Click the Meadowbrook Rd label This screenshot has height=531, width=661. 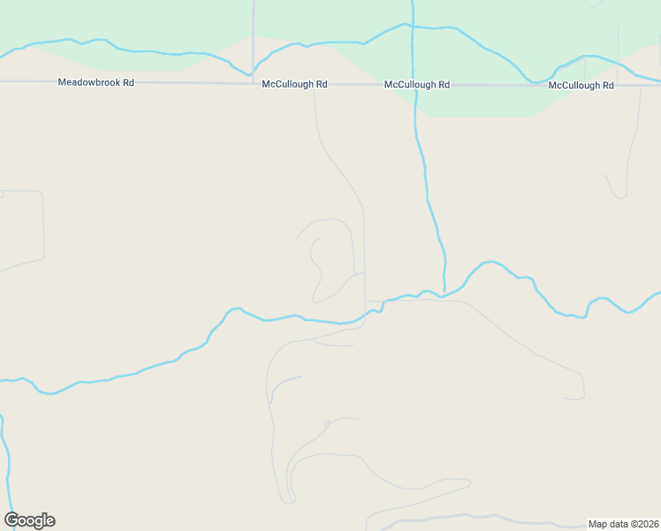coord(95,83)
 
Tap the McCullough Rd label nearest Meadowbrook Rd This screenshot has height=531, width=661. coord(294,85)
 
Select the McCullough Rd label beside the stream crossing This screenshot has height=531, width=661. coord(416,85)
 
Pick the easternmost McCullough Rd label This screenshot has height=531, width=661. coord(581,86)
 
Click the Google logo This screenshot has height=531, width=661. coord(29,520)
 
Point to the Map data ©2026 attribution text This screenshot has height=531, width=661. coord(624,524)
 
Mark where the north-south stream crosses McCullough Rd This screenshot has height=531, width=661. coord(414,86)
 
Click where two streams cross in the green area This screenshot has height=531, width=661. coord(412,26)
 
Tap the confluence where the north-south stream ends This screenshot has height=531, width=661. coord(444,291)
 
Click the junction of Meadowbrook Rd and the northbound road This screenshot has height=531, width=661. coord(254,84)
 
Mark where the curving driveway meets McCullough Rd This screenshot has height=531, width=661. coord(315,86)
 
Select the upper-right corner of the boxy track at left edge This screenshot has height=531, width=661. coord(42,192)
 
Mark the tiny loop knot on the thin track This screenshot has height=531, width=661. coord(327,424)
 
